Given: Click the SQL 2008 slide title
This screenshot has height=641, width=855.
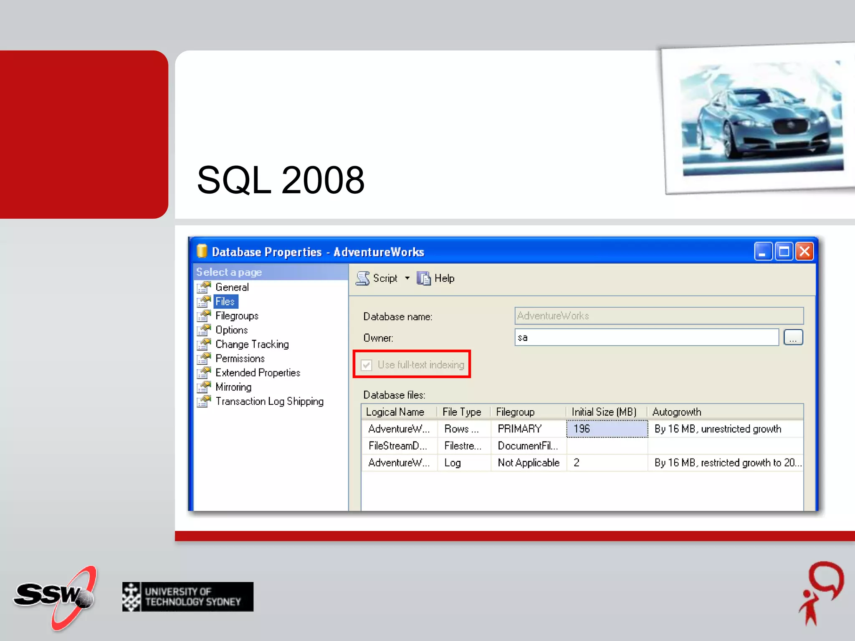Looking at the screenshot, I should (281, 180).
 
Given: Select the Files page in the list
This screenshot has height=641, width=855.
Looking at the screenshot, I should (225, 301).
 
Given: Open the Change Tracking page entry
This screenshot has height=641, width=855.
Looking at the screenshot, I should (252, 344).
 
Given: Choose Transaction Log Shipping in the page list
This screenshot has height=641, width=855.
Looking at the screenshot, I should (269, 401).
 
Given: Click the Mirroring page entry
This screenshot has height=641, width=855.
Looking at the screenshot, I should (233, 387).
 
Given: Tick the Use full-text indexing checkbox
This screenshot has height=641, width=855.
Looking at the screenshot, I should (367, 365).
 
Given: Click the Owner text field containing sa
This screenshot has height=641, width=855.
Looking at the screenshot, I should (646, 337).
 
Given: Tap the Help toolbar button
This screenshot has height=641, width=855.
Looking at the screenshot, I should (436, 278).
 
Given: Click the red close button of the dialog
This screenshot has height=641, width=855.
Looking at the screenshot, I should (804, 252).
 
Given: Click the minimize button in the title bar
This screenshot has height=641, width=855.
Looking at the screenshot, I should (762, 252).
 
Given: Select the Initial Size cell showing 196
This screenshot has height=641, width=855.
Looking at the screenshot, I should (607, 429).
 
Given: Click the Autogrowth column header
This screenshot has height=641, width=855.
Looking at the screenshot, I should (676, 412).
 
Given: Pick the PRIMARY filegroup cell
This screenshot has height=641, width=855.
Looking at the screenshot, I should (520, 429).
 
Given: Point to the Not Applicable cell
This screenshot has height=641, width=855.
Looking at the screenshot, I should (528, 462).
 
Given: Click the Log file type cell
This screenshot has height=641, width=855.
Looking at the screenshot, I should (453, 462).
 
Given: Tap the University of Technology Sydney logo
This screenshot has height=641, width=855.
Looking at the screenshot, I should (188, 597).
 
